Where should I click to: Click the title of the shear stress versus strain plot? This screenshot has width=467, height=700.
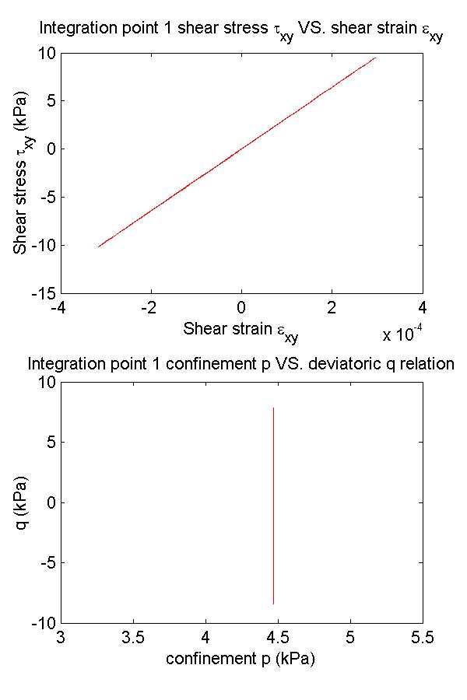(x=241, y=32)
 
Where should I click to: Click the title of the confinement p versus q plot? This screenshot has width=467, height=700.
(x=241, y=363)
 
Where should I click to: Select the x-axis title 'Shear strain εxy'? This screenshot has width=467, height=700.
(x=241, y=331)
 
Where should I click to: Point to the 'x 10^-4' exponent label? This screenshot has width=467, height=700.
(x=403, y=335)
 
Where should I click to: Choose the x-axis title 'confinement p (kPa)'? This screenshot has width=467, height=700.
(x=241, y=659)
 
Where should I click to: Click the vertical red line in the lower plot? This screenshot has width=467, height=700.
(x=273, y=506)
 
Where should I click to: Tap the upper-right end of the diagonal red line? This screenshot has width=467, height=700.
(x=376, y=58)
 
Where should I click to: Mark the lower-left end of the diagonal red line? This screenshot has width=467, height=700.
(x=99, y=247)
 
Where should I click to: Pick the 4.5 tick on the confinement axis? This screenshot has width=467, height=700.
(x=278, y=638)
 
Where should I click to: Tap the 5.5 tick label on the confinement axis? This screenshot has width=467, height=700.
(x=423, y=638)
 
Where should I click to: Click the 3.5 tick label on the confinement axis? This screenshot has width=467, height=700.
(x=133, y=638)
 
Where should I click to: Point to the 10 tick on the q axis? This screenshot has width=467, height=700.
(x=44, y=382)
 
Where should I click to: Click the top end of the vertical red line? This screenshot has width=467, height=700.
(x=273, y=408)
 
